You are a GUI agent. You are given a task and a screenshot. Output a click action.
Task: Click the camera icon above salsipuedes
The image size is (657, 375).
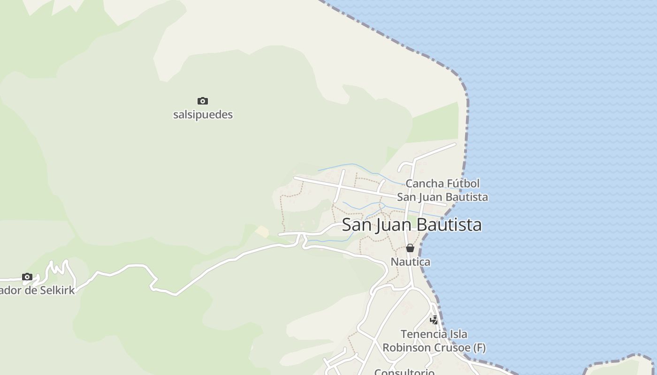[203, 101]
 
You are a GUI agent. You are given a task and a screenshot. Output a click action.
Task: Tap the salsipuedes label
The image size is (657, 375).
[203, 115]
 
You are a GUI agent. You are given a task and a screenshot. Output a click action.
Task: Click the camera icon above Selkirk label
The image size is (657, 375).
[27, 277]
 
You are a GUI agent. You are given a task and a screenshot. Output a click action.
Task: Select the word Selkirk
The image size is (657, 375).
[57, 291]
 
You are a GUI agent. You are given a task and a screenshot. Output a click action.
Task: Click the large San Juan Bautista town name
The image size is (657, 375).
[412, 225]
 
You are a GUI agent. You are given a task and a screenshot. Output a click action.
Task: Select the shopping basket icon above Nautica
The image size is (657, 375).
[410, 248]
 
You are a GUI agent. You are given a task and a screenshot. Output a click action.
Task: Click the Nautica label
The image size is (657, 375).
[410, 262]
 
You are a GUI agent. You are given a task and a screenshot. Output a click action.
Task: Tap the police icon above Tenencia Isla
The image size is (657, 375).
[435, 320]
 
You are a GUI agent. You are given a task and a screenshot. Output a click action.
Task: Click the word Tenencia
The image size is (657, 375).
[422, 335]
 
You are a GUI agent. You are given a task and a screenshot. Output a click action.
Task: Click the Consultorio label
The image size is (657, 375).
[404, 372]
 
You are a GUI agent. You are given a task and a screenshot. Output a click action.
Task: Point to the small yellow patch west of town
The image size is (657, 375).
[262, 231]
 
